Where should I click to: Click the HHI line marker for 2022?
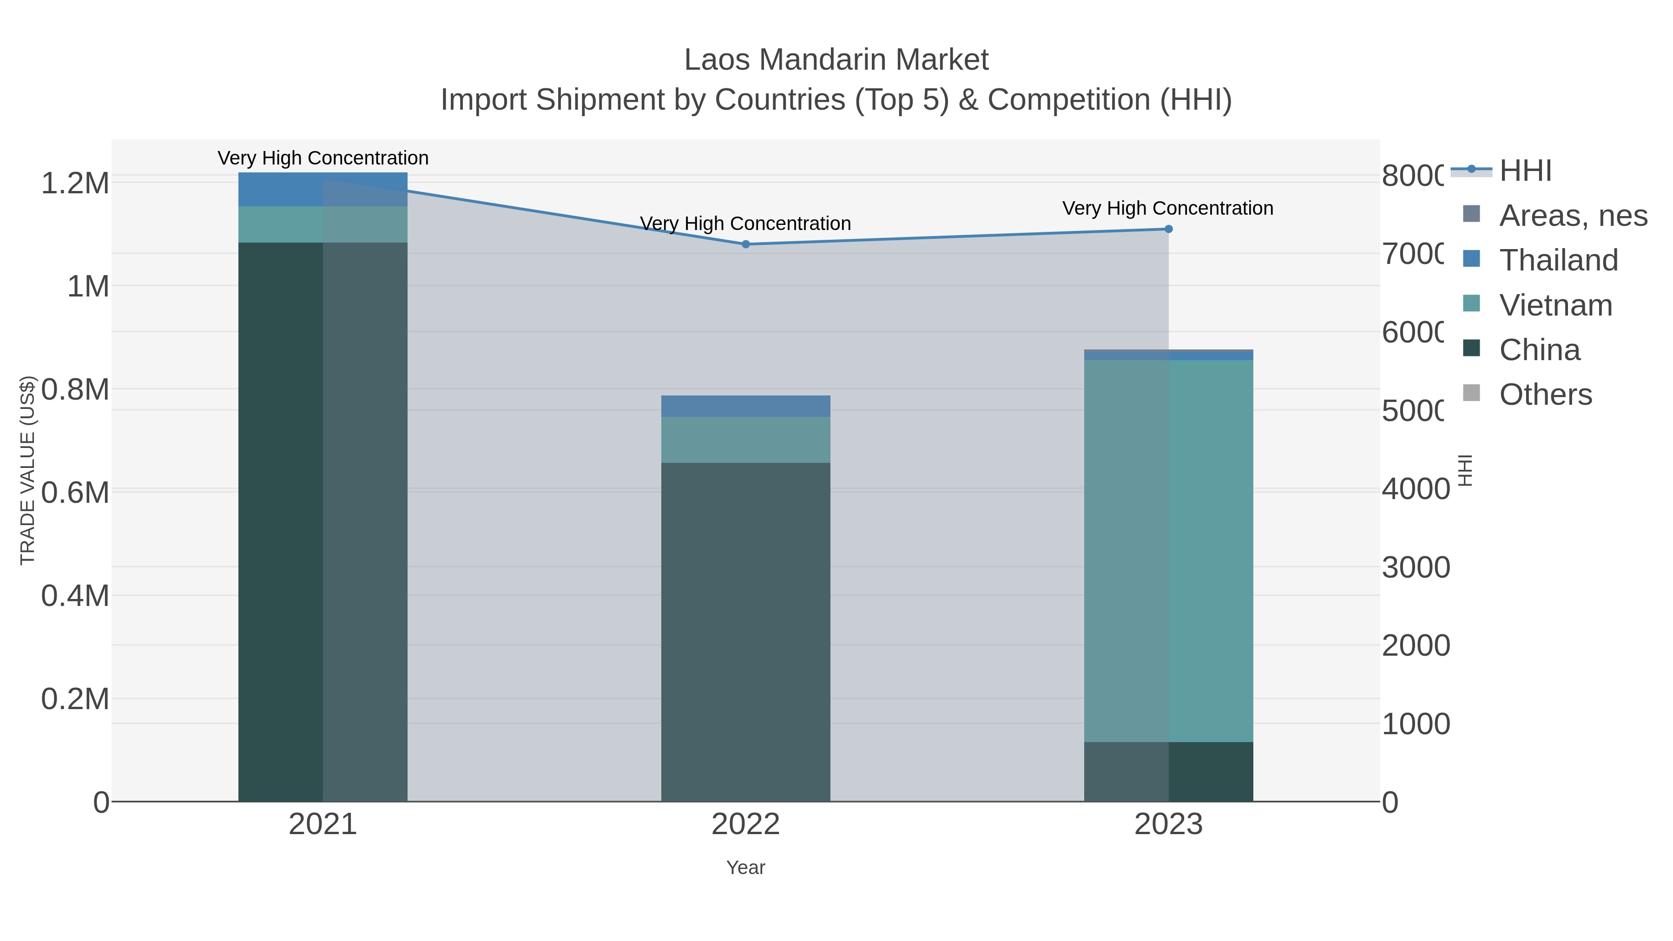[745, 244]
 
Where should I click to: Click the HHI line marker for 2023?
[1168, 229]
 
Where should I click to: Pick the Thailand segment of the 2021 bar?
[323, 190]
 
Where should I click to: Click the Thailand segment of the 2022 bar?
[745, 406]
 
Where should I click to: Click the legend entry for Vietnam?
[1555, 305]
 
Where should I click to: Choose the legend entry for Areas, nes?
[1572, 216]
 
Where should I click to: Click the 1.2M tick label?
[75, 184]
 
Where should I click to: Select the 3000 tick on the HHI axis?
[1416, 567]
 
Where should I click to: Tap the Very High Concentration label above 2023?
[1168, 209]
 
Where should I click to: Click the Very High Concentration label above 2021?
[323, 158]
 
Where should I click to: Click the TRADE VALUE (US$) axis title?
[27, 470]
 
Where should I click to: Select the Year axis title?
[745, 868]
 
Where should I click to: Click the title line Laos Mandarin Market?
[836, 60]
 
